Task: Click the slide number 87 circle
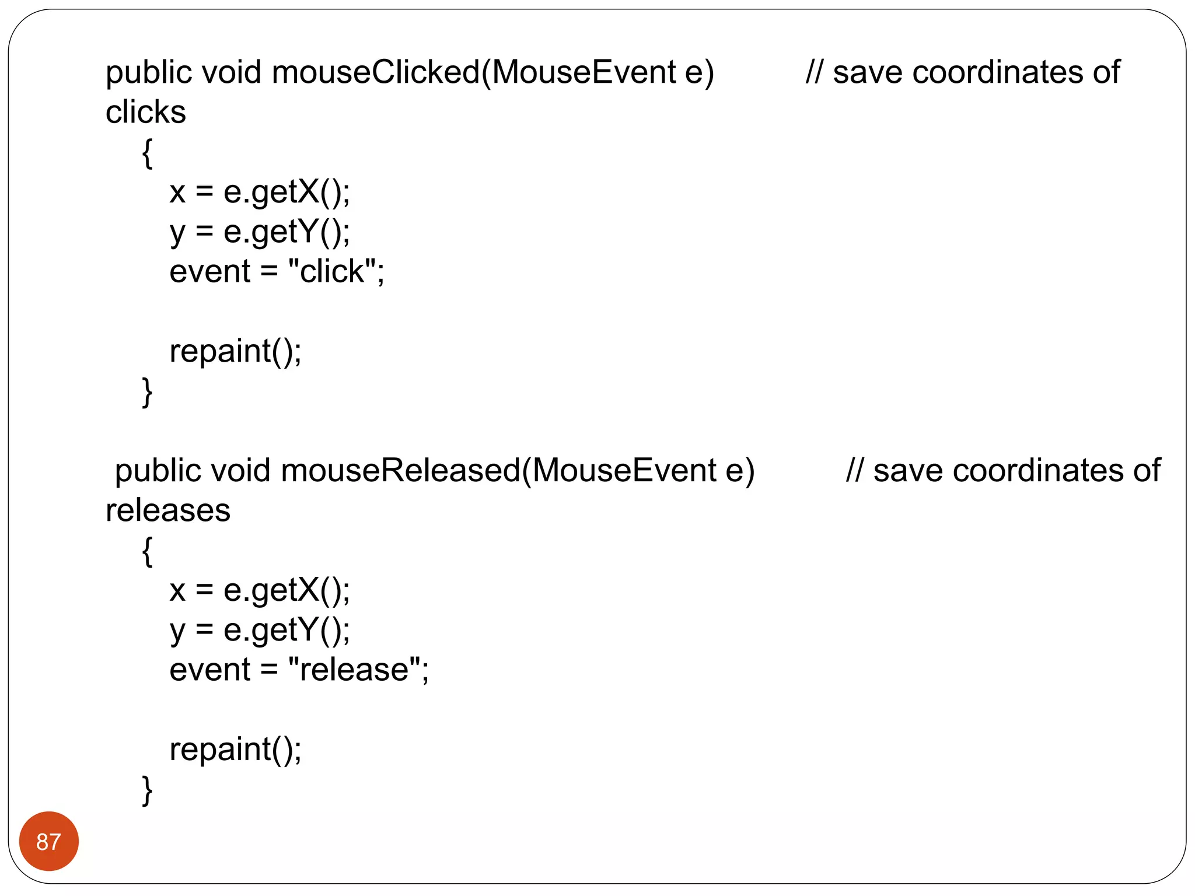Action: click(48, 841)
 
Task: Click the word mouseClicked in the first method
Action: click(376, 72)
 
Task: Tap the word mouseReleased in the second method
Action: click(400, 471)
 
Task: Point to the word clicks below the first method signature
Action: click(145, 112)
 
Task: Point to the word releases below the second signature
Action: click(167, 510)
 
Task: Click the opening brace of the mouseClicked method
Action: click(148, 153)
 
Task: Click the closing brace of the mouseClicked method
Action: click(148, 391)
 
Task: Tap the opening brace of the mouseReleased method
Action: click(148, 551)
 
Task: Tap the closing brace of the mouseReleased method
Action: click(148, 790)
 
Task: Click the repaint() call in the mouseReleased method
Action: click(235, 750)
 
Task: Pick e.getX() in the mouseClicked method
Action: click(286, 192)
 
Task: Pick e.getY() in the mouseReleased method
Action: click(286, 631)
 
